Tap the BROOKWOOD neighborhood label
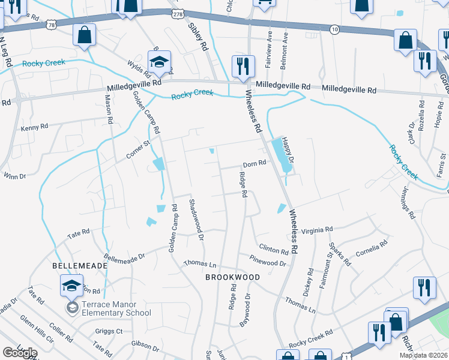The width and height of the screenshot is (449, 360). (233, 277)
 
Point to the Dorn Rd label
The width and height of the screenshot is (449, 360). (254, 164)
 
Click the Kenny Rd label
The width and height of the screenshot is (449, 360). (34, 127)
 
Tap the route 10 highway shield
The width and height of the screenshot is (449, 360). (334, 29)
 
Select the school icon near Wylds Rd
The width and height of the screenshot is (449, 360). (160, 62)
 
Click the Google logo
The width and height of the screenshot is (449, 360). (19, 353)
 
